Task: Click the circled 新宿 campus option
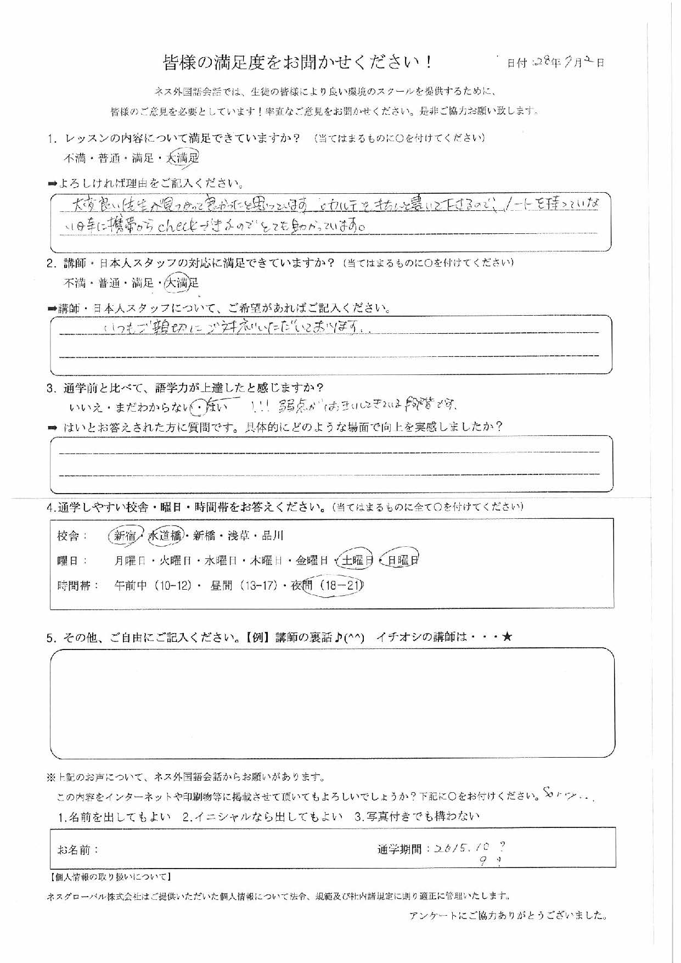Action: click(125, 536)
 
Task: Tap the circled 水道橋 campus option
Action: click(165, 536)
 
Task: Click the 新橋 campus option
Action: click(206, 535)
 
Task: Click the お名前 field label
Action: click(77, 850)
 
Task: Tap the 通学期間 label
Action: click(399, 849)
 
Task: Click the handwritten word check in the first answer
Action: click(177, 226)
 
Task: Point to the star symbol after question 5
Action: click(506, 637)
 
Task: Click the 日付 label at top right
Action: click(516, 63)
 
